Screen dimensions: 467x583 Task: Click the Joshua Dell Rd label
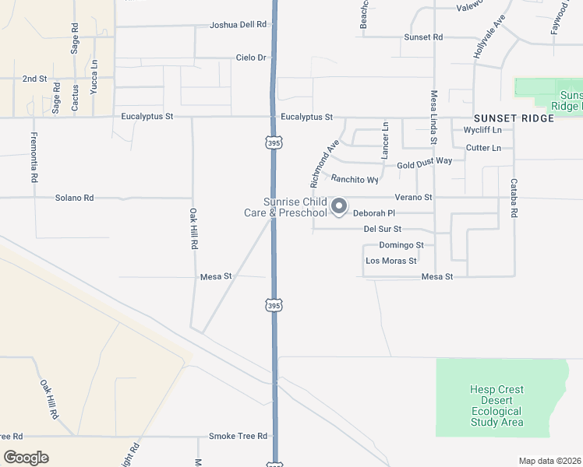238,25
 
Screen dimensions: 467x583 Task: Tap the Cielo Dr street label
251,58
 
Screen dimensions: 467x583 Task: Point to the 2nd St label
34,79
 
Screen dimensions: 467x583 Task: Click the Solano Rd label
74,198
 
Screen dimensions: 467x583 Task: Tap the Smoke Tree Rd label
238,436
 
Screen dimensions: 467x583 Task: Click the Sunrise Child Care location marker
339,206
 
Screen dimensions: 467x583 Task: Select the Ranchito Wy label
354,179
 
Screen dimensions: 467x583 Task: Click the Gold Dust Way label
424,163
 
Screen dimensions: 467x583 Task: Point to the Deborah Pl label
375,212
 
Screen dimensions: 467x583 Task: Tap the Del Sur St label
382,229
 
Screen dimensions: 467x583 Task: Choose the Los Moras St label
390,261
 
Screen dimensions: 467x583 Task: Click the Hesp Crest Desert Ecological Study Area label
496,406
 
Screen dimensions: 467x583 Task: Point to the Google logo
26,458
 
